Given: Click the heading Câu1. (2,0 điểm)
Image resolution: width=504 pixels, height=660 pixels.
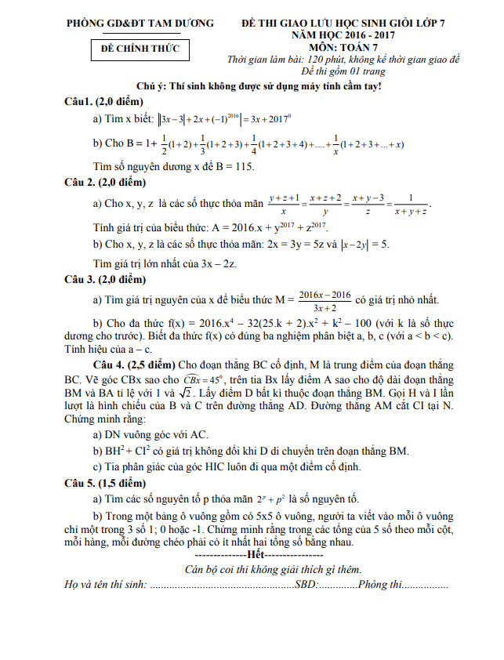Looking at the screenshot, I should point(105,102).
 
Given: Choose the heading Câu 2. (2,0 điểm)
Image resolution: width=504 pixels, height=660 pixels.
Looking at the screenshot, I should point(107,183).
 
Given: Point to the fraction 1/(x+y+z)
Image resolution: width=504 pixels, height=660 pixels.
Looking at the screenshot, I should point(411,205).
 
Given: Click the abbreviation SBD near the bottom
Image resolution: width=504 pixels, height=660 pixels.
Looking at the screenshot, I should point(306,585).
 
